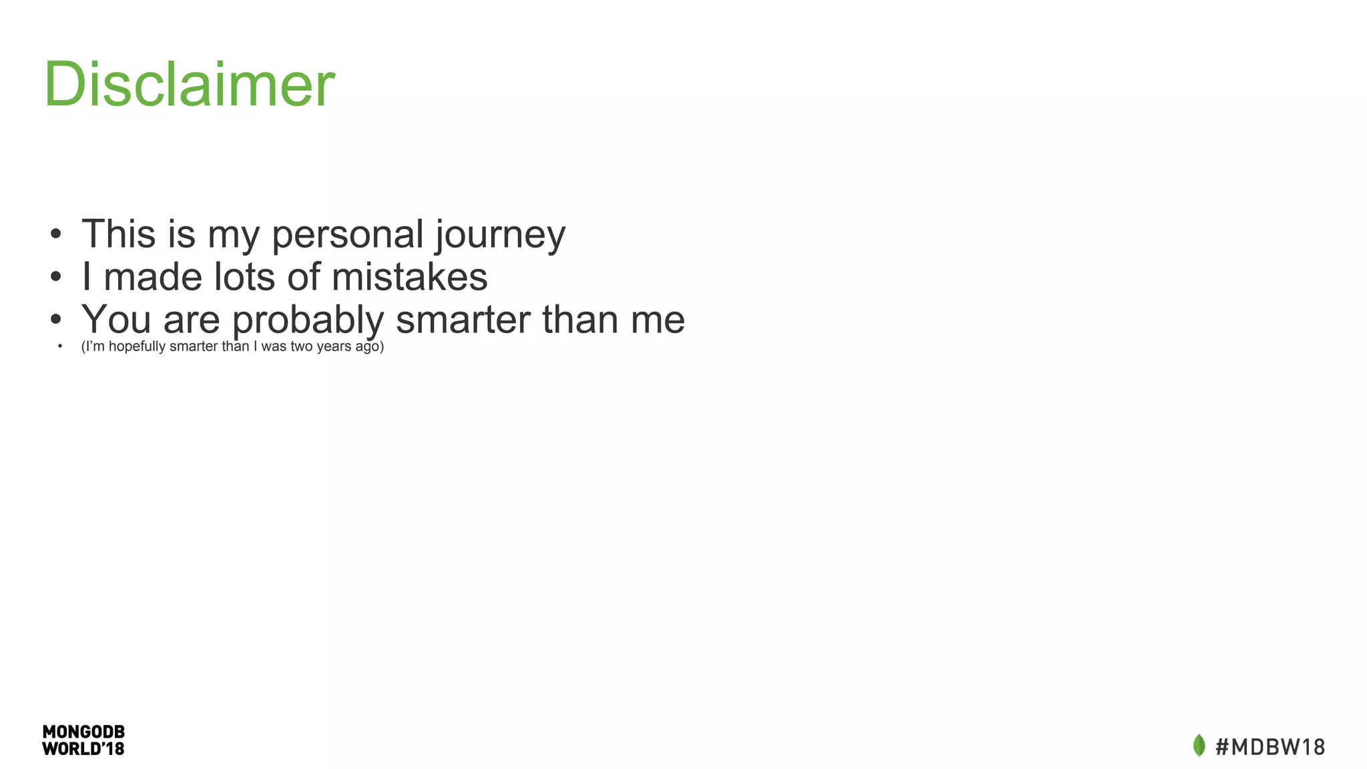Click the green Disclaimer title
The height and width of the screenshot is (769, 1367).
tap(189, 84)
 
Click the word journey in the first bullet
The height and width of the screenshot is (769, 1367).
tap(500, 236)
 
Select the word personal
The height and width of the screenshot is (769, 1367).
tap(348, 236)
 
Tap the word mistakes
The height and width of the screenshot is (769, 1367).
tap(409, 277)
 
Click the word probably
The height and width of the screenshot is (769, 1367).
tap(308, 320)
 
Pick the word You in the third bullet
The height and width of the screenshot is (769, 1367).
tap(116, 319)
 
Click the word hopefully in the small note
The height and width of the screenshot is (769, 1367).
tap(137, 346)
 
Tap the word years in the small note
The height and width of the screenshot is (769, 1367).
tap(334, 347)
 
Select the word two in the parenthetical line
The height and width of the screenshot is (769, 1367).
tap(302, 346)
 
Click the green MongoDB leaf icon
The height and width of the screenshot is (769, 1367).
tap(1199, 746)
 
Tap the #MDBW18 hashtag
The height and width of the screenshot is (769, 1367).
tap(1270, 747)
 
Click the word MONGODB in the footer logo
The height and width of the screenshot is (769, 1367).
tap(83, 732)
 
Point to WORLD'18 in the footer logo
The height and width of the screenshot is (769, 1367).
tap(83, 749)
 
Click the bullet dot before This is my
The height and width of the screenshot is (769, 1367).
tap(56, 235)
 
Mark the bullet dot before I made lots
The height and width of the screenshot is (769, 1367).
tap(56, 278)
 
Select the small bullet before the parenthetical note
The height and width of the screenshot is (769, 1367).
tap(60, 346)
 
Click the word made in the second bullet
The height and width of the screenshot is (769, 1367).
tap(153, 277)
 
